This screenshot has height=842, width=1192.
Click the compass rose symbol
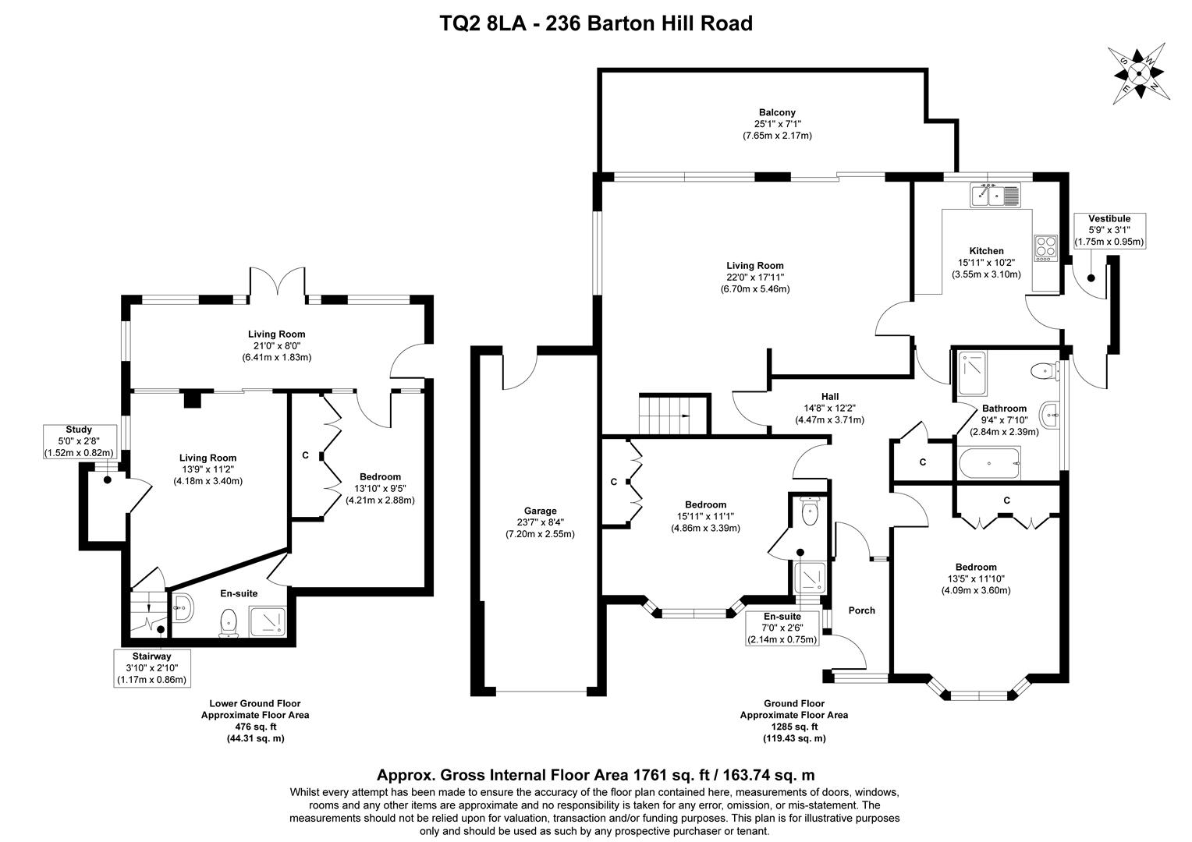(1138, 73)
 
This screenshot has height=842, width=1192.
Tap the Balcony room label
(777, 112)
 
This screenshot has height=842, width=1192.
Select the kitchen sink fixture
(994, 195)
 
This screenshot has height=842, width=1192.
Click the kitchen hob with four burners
(1046, 249)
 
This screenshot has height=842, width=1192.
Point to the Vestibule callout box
(1109, 230)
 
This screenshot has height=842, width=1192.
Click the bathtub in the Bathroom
(989, 463)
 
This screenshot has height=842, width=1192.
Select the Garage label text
(540, 511)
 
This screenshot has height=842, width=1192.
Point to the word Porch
(861, 610)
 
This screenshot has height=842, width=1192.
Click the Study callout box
(80, 441)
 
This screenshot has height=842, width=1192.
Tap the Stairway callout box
(152, 668)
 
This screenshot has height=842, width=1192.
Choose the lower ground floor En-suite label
(239, 593)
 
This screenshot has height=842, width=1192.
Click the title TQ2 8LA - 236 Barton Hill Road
(596, 23)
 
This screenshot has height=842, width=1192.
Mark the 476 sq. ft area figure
(255, 727)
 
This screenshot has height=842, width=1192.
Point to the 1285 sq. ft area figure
(794, 727)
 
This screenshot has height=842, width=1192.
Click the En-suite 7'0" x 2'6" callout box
(782, 628)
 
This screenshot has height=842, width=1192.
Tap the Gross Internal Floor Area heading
(596, 774)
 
